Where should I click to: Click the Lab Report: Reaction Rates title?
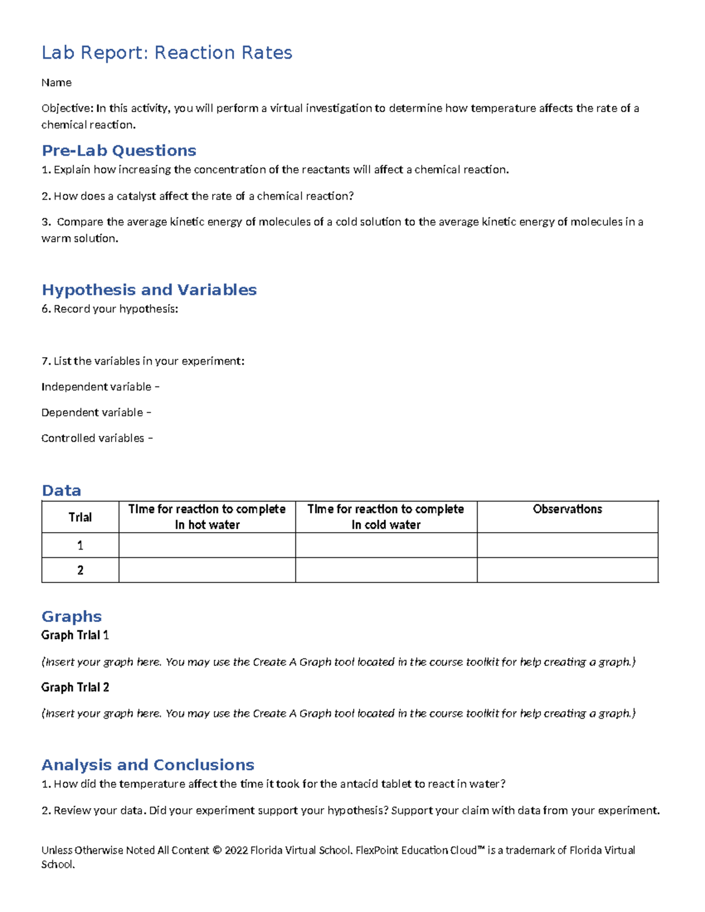point(167,53)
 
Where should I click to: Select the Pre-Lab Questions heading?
point(119,151)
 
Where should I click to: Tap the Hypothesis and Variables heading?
point(149,290)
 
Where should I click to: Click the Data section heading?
point(61,491)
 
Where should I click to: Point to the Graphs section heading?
point(72,617)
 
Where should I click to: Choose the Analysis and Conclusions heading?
point(147,765)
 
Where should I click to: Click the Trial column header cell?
point(80,517)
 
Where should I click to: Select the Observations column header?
point(567,510)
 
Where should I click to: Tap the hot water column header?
point(207,517)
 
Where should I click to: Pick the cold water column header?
point(386,517)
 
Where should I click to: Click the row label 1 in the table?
point(80,546)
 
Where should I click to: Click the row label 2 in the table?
point(80,570)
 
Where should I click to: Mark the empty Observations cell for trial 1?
point(567,546)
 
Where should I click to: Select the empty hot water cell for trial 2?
point(207,570)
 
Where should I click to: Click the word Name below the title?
point(56,83)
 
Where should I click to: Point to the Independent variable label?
point(96,387)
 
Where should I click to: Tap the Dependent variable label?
point(92,413)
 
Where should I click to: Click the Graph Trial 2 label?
point(75,688)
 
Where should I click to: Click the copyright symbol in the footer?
point(217,850)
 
